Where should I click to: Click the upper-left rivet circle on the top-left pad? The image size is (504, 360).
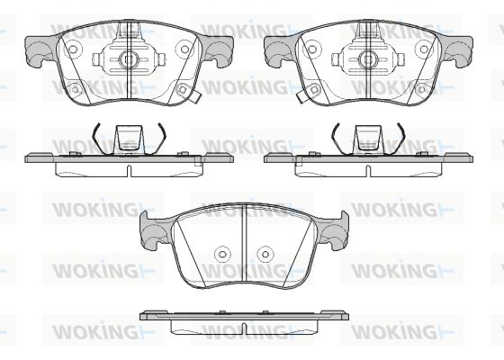pos(73,49)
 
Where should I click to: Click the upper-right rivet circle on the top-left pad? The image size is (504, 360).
pos(184,49)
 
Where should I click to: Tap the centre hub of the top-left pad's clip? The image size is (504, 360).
pos(129,58)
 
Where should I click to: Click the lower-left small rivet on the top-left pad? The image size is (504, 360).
pos(76,89)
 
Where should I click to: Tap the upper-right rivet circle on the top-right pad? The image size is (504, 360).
pos(424,49)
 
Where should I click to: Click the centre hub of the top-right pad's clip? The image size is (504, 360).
pos(368,58)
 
